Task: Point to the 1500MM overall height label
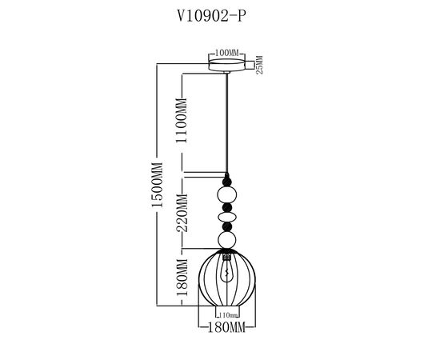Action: tap(157, 186)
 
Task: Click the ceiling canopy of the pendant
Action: tap(229, 63)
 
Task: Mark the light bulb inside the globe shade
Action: tap(228, 274)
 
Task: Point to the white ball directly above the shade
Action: tap(228, 239)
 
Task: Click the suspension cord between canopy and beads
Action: tap(228, 120)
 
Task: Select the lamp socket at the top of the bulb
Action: tap(228, 257)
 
